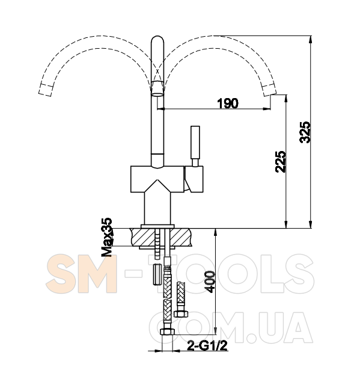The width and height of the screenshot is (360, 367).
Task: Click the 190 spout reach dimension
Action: coord(228,103)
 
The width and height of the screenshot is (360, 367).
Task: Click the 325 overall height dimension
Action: coord(305,132)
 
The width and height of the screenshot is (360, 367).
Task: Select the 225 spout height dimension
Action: coord(281,162)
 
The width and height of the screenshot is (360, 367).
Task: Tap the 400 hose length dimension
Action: coord(209,282)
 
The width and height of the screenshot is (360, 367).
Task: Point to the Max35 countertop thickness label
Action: coord(106,237)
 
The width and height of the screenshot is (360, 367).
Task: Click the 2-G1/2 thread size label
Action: coord(207,346)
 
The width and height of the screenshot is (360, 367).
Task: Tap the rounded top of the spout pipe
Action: coord(157,40)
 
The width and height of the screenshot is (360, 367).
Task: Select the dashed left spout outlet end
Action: coord(45,89)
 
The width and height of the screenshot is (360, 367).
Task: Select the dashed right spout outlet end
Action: coord(269,89)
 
